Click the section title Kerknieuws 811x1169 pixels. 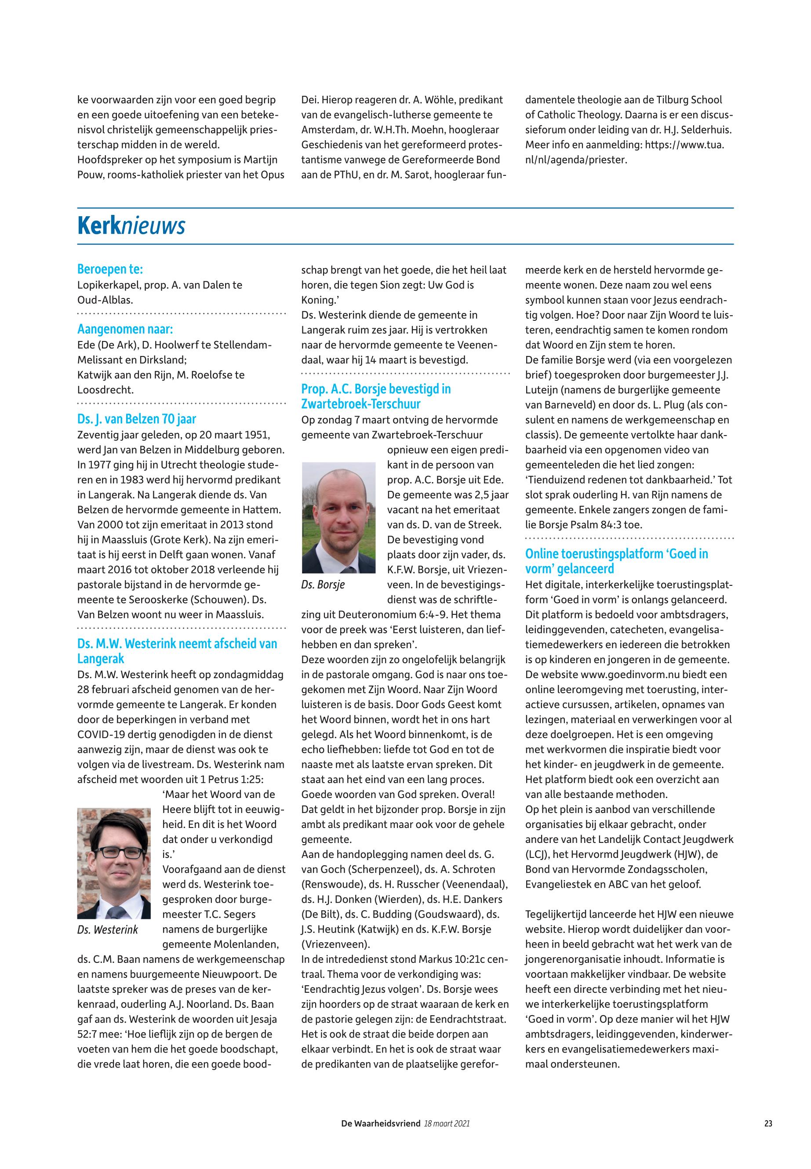131,226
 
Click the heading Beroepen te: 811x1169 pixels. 110,269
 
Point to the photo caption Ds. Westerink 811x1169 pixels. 108,930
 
